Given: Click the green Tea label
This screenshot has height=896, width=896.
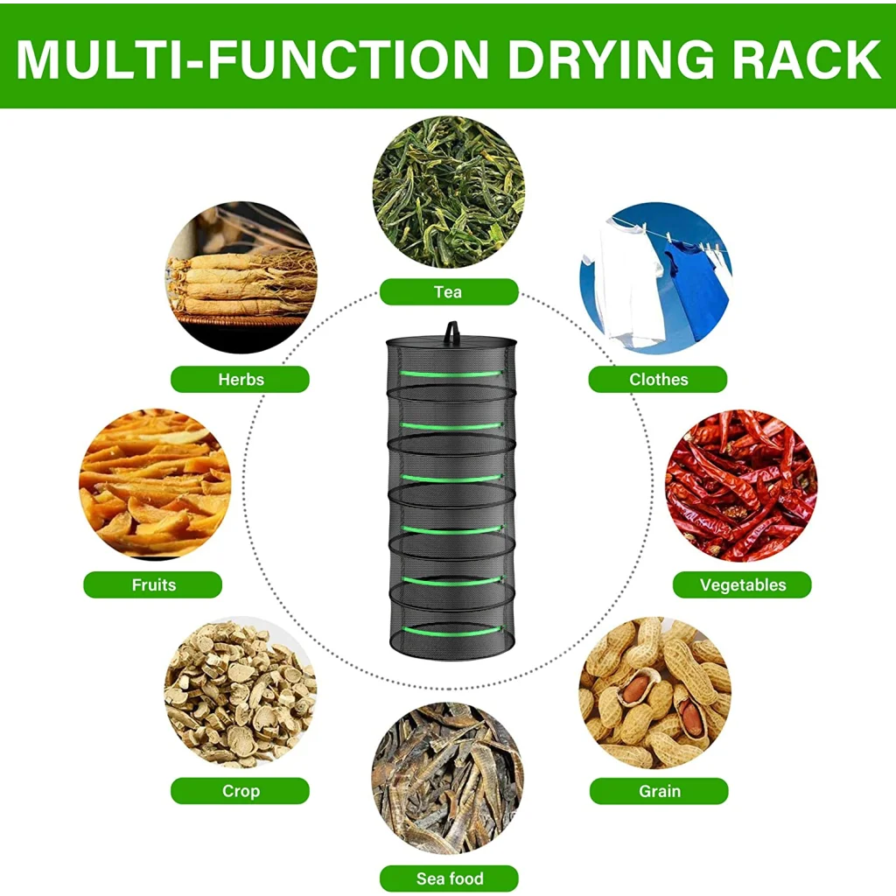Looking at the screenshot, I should point(448,291).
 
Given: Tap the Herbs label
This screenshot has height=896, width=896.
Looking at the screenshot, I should point(240,379).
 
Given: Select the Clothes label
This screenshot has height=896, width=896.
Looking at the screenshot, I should point(658,379).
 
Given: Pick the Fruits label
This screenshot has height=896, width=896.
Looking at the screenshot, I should point(153,584).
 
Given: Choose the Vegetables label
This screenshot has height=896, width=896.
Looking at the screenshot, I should point(742,584).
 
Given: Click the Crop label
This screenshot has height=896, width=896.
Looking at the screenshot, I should point(240,791).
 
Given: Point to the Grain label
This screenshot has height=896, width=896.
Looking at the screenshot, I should point(659,791).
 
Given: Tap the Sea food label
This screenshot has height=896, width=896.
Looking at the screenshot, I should point(449,878).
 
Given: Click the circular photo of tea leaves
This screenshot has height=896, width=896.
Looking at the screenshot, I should point(448,192).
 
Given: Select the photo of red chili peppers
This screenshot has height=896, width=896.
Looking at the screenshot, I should point(742,485).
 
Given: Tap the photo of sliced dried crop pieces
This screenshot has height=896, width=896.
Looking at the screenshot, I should point(240,691).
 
